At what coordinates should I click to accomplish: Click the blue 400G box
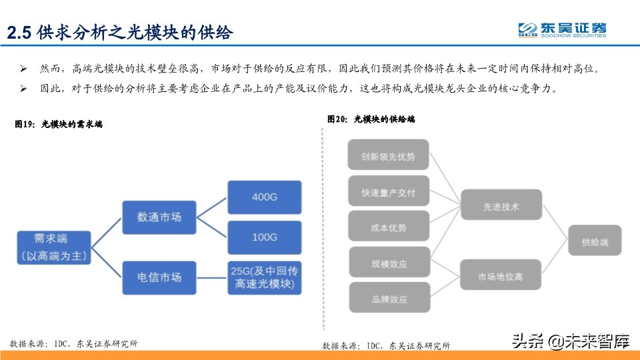point(265,197)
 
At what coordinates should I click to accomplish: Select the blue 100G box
point(265,237)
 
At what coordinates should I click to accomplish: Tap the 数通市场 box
point(159,217)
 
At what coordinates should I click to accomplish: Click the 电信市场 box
point(159,277)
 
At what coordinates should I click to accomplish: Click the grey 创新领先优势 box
point(388,157)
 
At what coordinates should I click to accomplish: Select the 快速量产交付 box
point(388,193)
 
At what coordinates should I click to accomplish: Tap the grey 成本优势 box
point(388,228)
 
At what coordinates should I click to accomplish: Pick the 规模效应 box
point(388,263)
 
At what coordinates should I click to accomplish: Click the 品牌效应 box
point(388,299)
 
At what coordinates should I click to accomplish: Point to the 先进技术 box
point(500,207)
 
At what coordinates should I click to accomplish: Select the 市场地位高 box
point(500,276)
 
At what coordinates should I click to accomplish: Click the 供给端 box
point(594,242)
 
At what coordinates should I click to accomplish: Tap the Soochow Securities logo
point(563,30)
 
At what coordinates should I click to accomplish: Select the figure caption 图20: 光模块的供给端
point(371,119)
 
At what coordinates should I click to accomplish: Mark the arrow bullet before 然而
point(24,69)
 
